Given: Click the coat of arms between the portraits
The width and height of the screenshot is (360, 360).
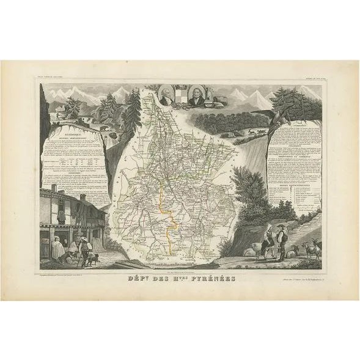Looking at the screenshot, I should point(180,97).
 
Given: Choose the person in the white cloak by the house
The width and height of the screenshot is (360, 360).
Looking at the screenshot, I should point(60,248).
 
